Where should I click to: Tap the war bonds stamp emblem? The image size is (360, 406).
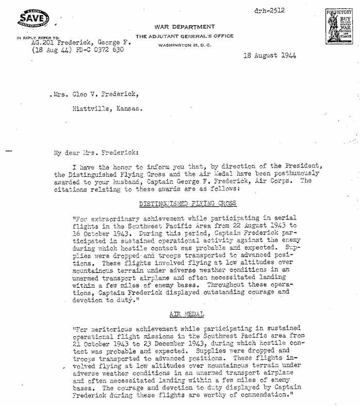tap(337, 26)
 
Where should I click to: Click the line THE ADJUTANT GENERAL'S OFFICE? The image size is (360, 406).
tap(185, 36)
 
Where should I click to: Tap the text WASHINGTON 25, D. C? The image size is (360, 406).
tap(184, 45)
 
